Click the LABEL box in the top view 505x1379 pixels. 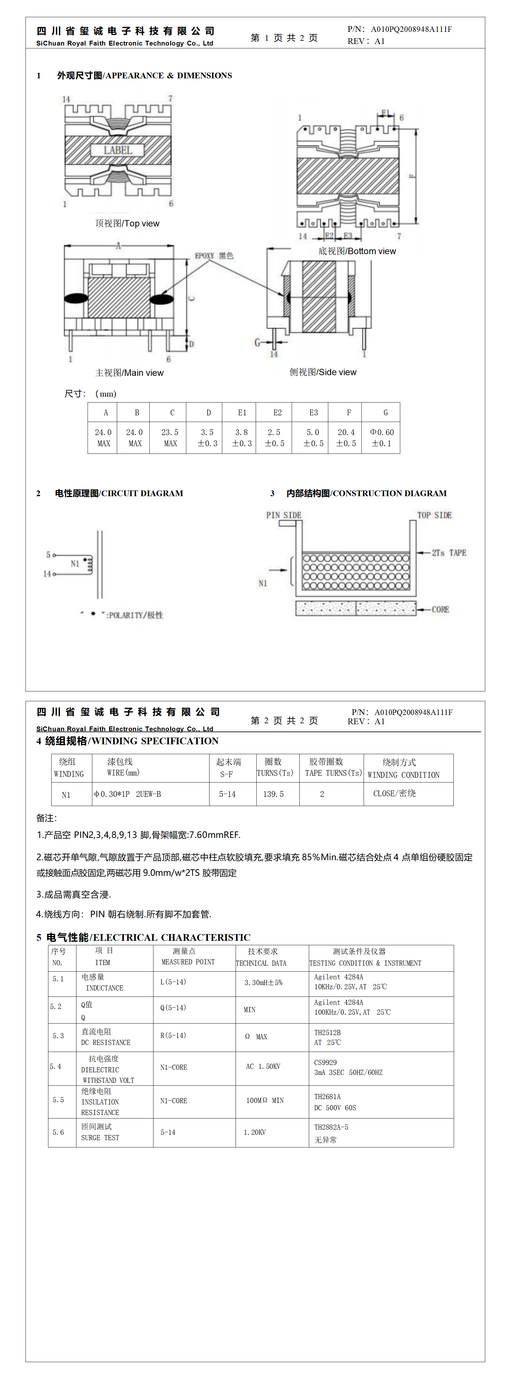tap(118, 150)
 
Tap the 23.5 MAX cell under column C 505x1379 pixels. tap(170, 437)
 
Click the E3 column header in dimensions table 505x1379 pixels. tap(314, 413)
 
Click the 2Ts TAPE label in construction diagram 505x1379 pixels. tap(449, 553)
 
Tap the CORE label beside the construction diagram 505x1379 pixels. tap(440, 609)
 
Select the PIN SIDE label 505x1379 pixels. tap(283, 515)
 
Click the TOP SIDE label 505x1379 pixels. tap(434, 515)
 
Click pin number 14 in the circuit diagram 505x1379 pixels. tap(47, 574)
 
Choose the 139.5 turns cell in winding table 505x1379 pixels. tap(274, 794)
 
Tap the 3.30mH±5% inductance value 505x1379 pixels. tap(263, 982)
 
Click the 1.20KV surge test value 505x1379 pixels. tap(255, 1132)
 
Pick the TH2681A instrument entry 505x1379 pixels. tap(327, 1097)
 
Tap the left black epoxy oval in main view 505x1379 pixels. tap(76, 298)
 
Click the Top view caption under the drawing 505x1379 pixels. tap(127, 223)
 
